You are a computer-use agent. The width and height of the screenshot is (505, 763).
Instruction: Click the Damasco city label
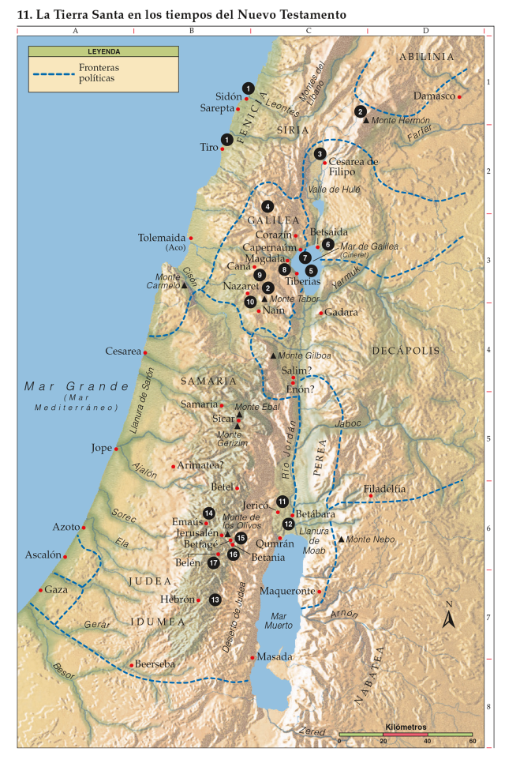tap(435, 96)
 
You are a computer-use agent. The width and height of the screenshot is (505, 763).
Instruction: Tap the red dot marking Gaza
tap(40, 590)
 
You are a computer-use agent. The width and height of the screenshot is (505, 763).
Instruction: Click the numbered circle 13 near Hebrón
tap(215, 600)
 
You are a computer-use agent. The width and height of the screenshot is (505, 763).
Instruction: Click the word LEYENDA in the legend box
tap(103, 51)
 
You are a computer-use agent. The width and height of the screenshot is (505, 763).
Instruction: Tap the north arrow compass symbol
tap(449, 618)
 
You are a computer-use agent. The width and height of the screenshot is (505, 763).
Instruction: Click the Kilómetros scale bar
tap(406, 735)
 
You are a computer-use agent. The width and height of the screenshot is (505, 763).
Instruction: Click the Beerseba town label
tap(155, 664)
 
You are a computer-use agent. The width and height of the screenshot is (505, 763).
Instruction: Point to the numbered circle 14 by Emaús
tap(209, 513)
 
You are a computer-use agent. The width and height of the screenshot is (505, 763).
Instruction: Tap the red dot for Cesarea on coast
tap(145, 351)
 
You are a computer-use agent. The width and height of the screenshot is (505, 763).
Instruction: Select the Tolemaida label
tap(162, 237)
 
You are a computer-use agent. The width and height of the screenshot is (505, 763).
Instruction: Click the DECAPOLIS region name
tap(406, 350)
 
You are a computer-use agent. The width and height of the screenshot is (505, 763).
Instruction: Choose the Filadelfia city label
tap(384, 489)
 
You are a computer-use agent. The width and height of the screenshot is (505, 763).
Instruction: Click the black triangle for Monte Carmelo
tap(185, 285)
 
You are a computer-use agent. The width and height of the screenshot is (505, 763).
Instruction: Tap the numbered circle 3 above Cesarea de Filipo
tap(320, 154)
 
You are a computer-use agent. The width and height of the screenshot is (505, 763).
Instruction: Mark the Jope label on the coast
tap(102, 448)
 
